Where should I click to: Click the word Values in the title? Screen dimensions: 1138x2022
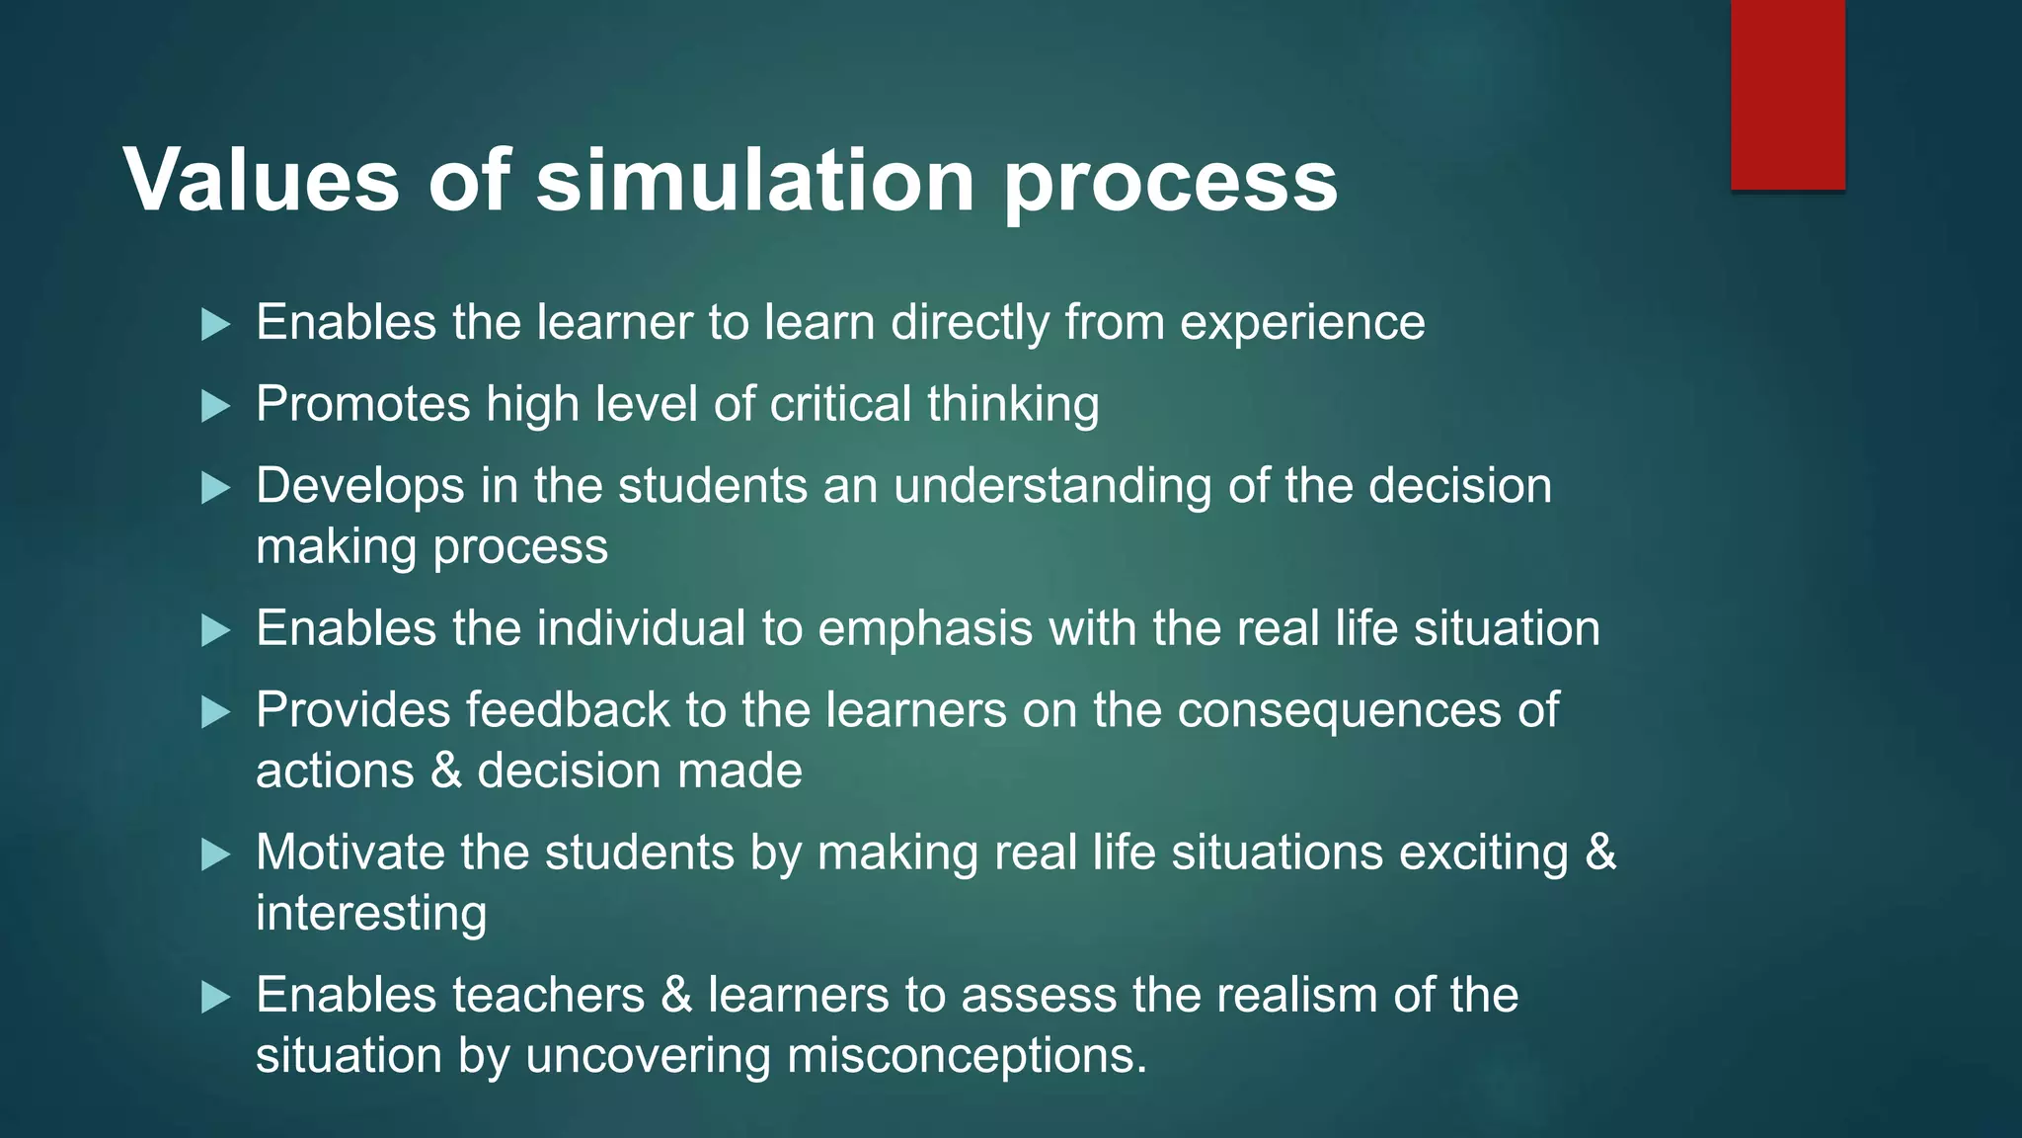coord(261,180)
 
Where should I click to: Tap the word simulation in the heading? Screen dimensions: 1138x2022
coord(755,180)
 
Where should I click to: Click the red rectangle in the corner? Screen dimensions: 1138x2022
coord(1787,94)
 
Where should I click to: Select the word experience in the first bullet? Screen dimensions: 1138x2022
coord(1302,324)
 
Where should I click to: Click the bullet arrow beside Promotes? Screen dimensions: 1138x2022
coord(215,405)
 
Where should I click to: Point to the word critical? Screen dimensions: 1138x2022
coord(840,405)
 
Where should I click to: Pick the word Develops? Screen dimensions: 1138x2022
coord(360,487)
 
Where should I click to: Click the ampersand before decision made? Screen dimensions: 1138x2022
coord(446,772)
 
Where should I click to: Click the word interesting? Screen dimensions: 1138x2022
coord(371,914)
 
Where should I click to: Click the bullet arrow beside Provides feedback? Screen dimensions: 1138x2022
coord(215,711)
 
